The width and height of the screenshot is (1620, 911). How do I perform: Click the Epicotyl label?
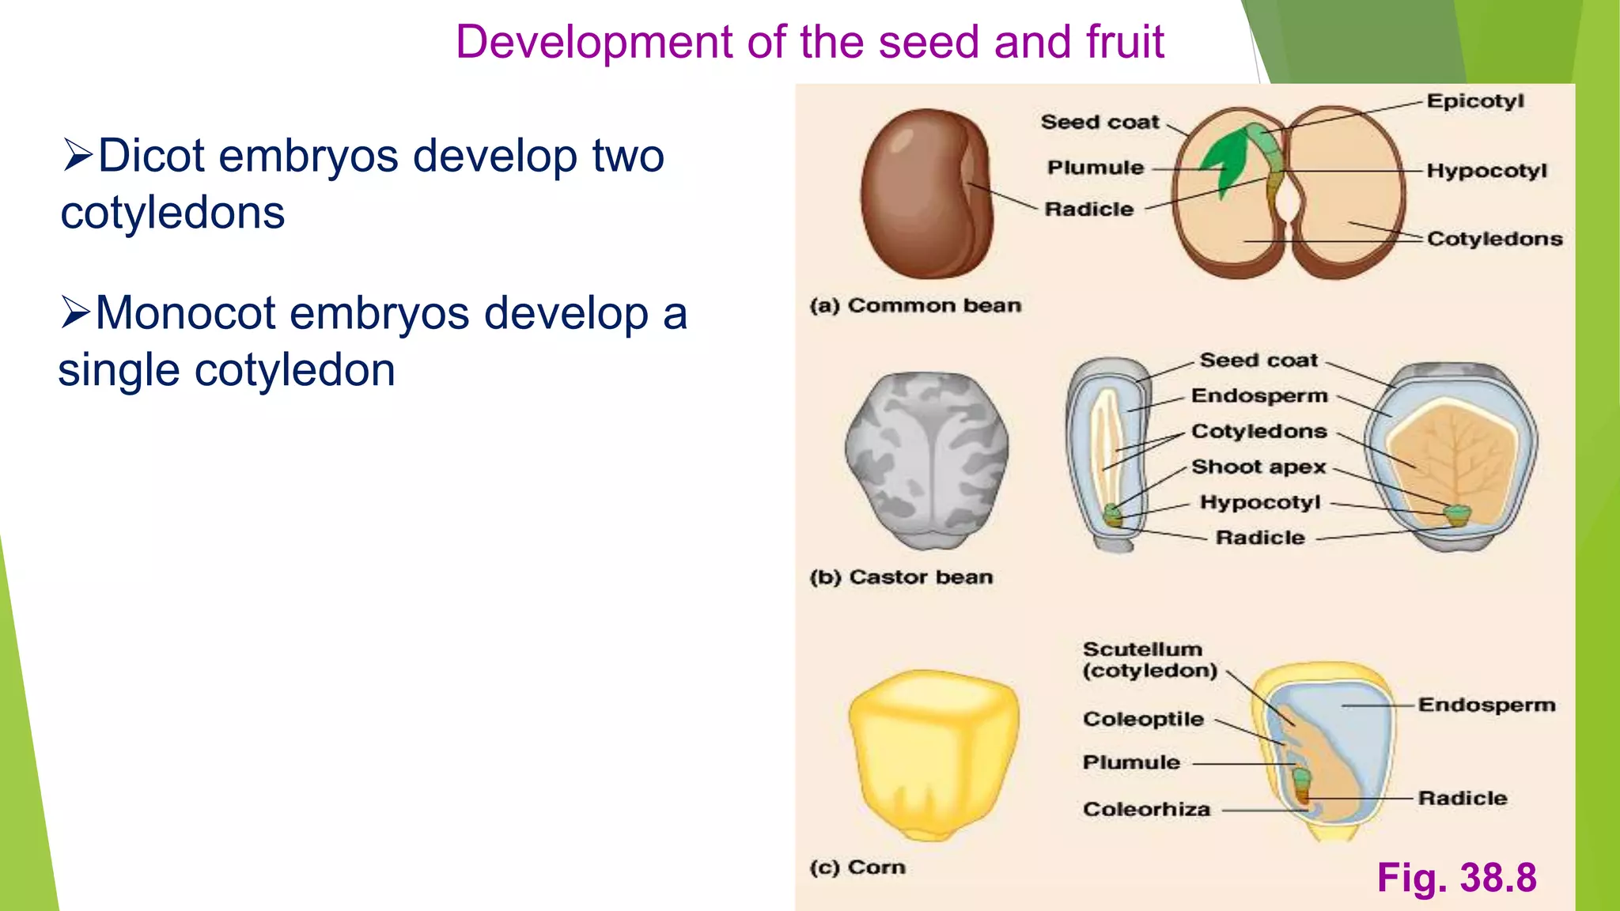click(1474, 101)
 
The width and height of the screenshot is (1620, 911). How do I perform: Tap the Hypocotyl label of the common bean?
click(1486, 171)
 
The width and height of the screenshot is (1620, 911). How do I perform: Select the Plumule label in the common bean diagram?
click(1096, 168)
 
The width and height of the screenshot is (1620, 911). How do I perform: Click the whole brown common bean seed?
click(925, 195)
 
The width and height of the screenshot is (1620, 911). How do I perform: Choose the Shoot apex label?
click(1259, 467)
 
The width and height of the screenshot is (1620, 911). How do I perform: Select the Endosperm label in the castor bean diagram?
click(1259, 395)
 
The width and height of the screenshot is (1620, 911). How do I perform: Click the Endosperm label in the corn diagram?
click(1486, 705)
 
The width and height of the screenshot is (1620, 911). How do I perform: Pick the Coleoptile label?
click(1143, 719)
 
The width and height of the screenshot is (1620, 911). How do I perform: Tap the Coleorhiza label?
click(1146, 809)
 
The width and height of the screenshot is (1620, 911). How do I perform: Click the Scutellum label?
click(1142, 649)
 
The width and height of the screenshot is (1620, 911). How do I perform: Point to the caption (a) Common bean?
click(915, 305)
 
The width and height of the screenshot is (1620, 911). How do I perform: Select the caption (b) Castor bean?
click(901, 577)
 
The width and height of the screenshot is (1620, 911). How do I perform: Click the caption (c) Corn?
click(857, 868)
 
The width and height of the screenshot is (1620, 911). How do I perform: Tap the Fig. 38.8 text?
click(1456, 877)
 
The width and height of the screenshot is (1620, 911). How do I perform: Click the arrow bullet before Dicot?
click(78, 155)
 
